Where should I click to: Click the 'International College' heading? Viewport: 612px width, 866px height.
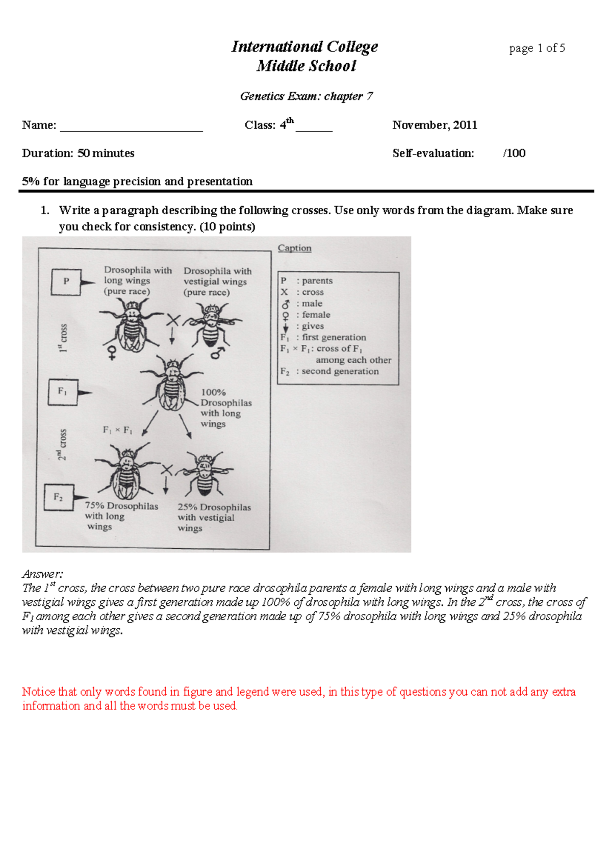pyautogui.click(x=304, y=47)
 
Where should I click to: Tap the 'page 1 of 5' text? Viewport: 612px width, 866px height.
pyautogui.click(x=537, y=48)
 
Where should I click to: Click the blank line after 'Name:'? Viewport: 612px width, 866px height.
pyautogui.click(x=132, y=126)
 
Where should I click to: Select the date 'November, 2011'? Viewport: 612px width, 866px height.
pyautogui.click(x=435, y=125)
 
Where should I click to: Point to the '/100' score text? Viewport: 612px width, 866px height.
pyautogui.click(x=514, y=154)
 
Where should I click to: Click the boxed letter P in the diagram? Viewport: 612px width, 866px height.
pyautogui.click(x=66, y=281)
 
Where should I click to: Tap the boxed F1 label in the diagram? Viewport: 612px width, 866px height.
pyautogui.click(x=62, y=392)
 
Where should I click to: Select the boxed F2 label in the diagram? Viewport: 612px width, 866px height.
pyautogui.click(x=59, y=497)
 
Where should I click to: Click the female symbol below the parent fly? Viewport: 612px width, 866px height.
pyautogui.click(x=112, y=352)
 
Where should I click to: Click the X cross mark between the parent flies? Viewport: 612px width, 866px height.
pyautogui.click(x=173, y=320)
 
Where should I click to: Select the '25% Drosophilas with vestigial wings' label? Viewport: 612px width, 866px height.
pyautogui.click(x=213, y=517)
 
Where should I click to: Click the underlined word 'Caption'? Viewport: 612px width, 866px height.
pyautogui.click(x=294, y=248)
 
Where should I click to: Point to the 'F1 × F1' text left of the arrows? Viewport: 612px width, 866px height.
pyautogui.click(x=117, y=430)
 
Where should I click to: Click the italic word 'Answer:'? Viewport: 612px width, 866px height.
pyautogui.click(x=42, y=574)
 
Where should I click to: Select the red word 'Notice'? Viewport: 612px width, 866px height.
pyautogui.click(x=38, y=692)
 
